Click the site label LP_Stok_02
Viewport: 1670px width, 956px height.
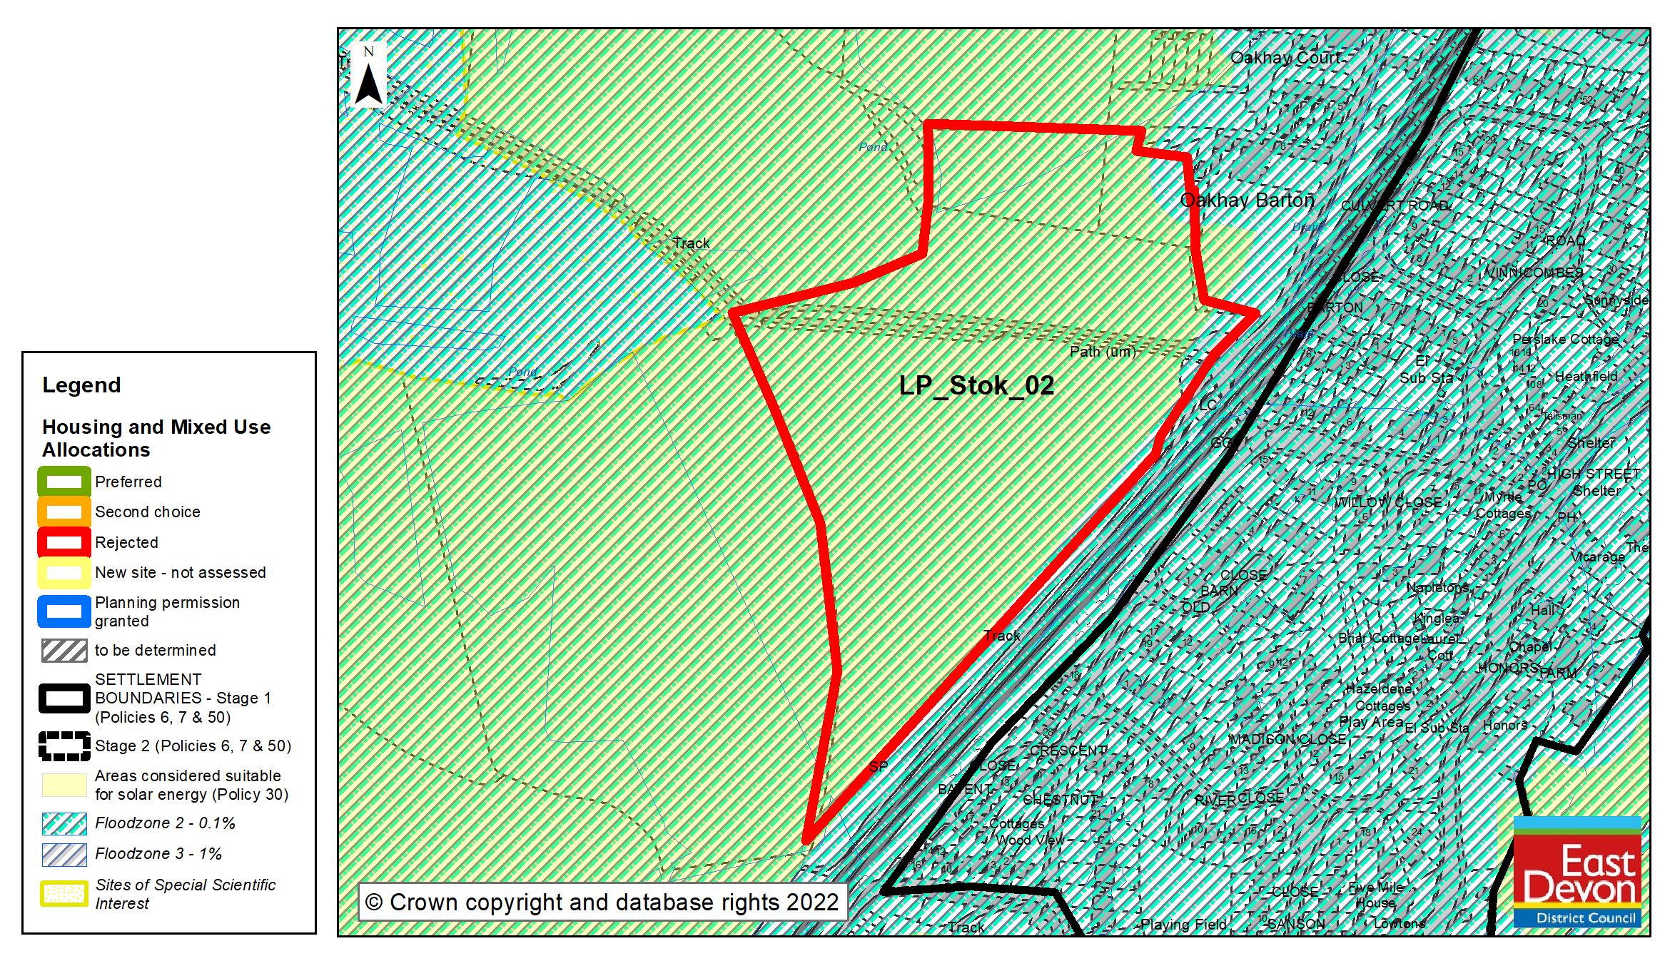(x=976, y=386)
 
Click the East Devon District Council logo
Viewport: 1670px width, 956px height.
(x=1577, y=872)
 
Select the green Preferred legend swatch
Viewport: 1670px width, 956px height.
(x=64, y=482)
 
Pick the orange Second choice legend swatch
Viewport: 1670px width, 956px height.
(x=64, y=512)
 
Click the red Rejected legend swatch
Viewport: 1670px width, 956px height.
(x=64, y=542)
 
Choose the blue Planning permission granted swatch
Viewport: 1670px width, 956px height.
(x=64, y=611)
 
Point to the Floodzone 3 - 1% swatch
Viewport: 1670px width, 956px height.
(x=64, y=854)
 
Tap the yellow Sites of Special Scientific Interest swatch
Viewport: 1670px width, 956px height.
(x=64, y=894)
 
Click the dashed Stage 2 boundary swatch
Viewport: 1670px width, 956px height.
(x=64, y=746)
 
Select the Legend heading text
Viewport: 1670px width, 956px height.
(x=81, y=385)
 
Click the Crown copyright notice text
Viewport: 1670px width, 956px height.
(x=602, y=902)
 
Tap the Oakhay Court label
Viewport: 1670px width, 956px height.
(x=1285, y=58)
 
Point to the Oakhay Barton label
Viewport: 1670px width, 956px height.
(x=1247, y=200)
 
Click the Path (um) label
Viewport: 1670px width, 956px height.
(x=1103, y=352)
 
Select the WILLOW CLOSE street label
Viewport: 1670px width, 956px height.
(x=1388, y=502)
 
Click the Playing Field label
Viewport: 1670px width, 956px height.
(x=1183, y=925)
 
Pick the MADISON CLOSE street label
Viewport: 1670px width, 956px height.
(x=1287, y=739)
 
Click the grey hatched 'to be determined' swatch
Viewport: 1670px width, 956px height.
(x=64, y=650)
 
